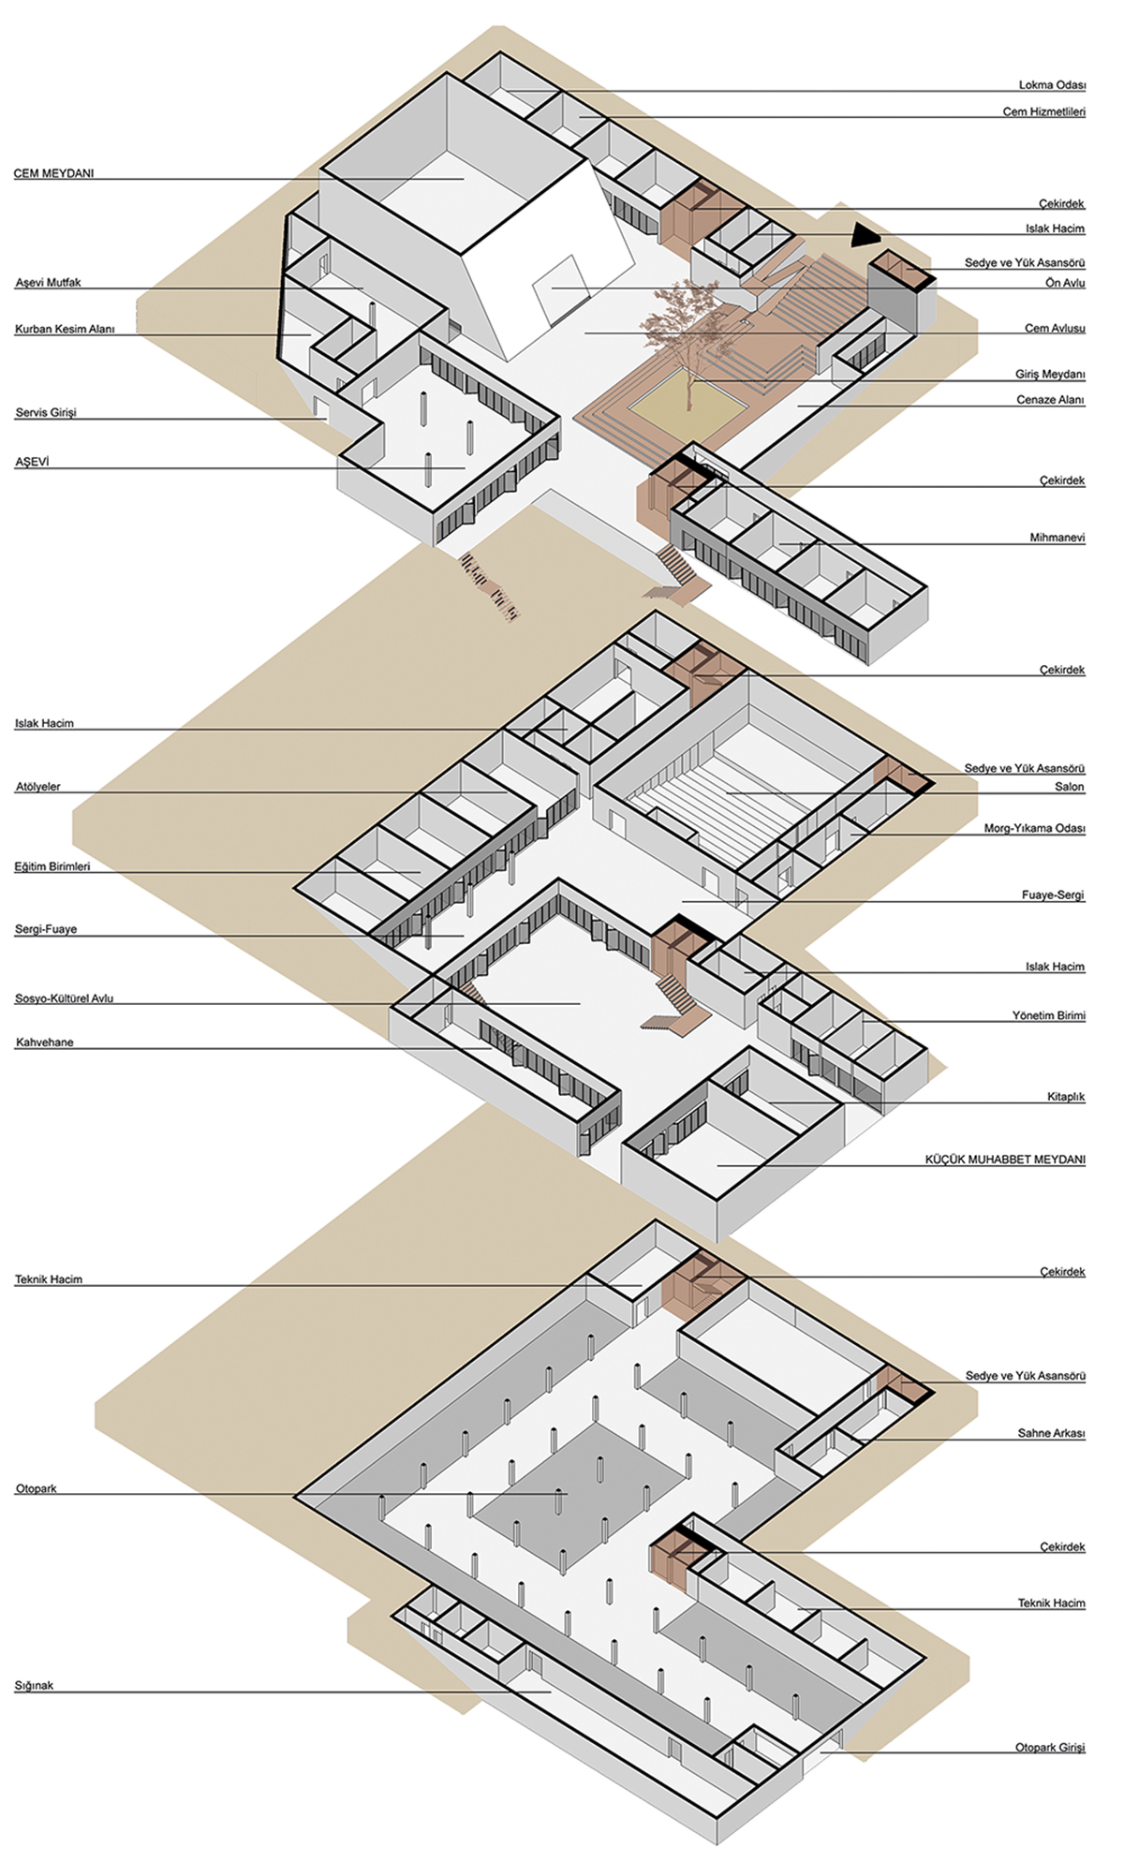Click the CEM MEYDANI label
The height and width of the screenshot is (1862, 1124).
(53, 173)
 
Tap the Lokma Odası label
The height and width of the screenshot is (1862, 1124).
(1052, 85)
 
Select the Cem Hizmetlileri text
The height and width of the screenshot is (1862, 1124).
(1043, 112)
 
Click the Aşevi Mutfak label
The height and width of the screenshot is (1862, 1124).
(48, 282)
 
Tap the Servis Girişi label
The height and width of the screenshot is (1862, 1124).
(46, 413)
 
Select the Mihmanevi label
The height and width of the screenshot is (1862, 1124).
(1057, 539)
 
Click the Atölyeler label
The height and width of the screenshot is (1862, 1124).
(37, 787)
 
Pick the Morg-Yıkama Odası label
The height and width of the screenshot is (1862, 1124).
(1034, 829)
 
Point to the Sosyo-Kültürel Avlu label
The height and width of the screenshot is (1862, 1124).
(64, 998)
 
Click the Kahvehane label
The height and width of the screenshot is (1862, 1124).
(44, 1042)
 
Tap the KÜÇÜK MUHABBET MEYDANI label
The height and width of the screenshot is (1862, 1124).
(1005, 1160)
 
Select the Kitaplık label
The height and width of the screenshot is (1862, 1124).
(1066, 1097)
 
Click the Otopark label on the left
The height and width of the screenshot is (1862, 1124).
(36, 1489)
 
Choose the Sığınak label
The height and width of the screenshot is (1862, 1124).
(34, 1686)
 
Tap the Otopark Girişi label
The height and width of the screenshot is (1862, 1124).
(1050, 1748)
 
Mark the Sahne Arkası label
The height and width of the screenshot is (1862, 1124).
(1051, 1434)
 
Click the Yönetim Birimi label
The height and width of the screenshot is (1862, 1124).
(1048, 1015)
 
